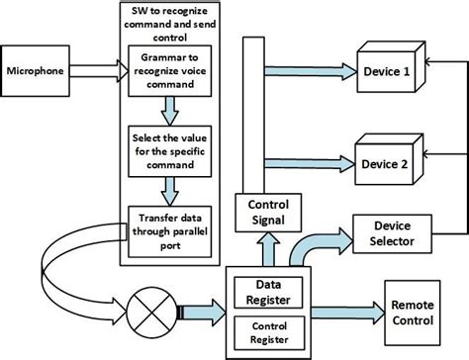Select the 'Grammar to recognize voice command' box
click(173, 69)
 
